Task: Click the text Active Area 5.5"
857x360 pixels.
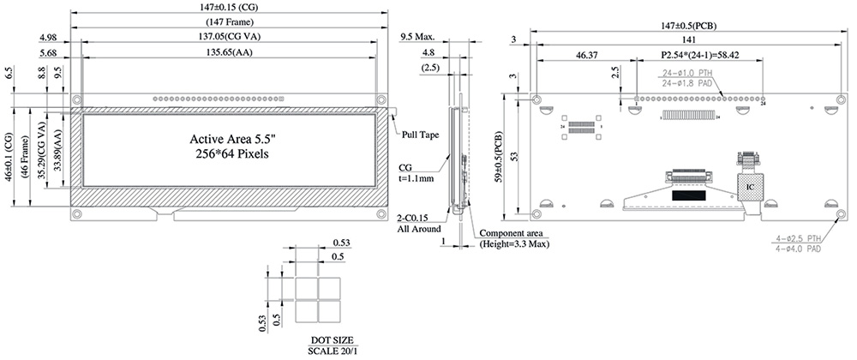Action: pos(228,138)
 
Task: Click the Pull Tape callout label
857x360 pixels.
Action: pos(419,135)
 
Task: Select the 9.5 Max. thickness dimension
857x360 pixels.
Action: pos(418,37)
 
